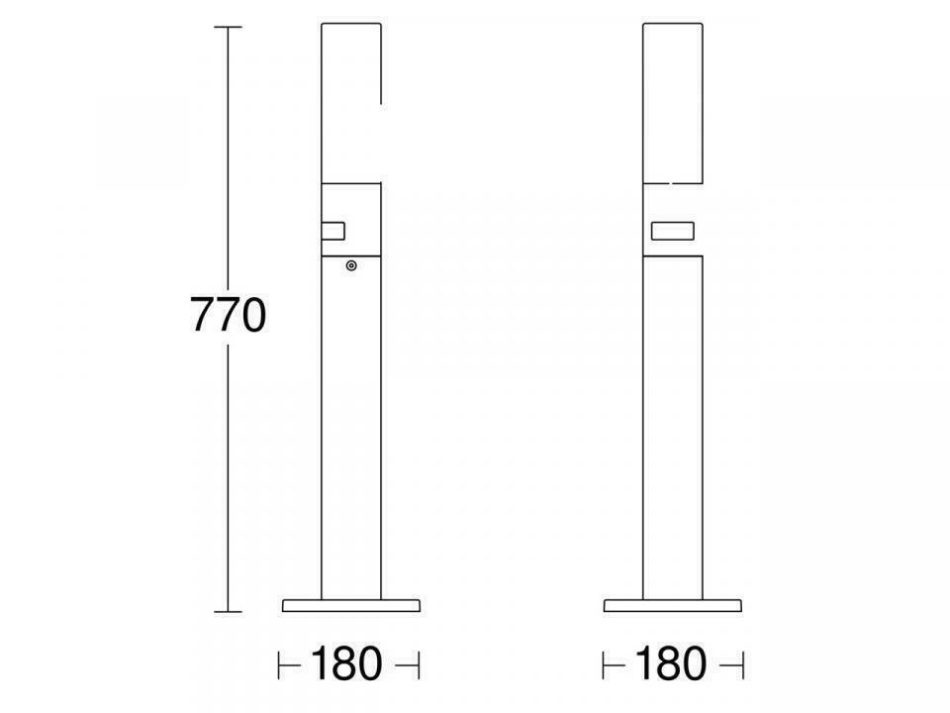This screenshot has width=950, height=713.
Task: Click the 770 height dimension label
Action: [229, 315]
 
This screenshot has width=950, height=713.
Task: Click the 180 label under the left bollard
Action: [346, 664]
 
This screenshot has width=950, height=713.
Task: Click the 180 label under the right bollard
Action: [670, 664]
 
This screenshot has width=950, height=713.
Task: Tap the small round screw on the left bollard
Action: [350, 265]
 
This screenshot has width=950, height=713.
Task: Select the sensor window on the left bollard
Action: [332, 231]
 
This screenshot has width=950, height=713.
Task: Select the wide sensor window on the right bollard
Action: [673, 231]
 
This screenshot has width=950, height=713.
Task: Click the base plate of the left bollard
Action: [350, 605]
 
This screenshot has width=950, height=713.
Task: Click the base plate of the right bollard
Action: [673, 605]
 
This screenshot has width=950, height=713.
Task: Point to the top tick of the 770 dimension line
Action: [228, 28]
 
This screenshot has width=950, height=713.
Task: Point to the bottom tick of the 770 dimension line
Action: [228, 612]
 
